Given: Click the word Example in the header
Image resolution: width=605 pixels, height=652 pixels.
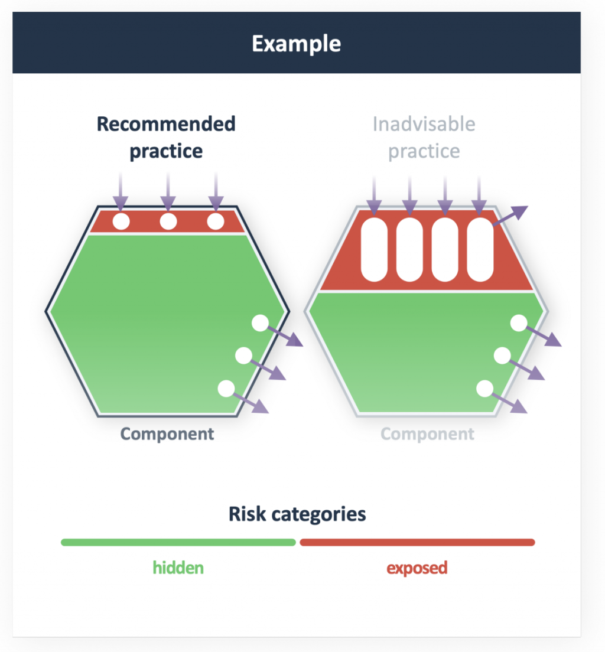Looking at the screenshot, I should click(296, 44).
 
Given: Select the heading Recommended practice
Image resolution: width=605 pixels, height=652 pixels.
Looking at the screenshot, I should click(166, 137).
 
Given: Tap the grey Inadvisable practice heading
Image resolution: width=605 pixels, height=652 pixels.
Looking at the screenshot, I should click(424, 137).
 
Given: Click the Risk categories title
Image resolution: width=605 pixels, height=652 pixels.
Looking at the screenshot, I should click(297, 514).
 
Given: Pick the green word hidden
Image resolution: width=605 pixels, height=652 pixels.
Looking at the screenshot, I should click(178, 568).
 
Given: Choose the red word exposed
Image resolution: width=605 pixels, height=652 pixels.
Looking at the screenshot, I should click(417, 568).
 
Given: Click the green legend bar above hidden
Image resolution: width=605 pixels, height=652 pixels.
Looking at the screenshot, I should click(178, 542).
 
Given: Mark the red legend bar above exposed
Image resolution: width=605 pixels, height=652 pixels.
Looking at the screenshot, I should click(417, 542).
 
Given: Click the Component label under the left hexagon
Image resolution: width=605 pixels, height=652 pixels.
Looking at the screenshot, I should click(167, 434).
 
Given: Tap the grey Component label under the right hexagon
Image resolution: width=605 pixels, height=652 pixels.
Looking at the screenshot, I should click(427, 434).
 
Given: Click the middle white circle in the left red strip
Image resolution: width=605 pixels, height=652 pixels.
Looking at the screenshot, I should click(168, 221).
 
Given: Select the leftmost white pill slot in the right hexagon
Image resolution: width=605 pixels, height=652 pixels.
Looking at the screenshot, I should click(373, 249).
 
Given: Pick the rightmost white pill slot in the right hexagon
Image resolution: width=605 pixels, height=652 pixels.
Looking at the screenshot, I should click(480, 249).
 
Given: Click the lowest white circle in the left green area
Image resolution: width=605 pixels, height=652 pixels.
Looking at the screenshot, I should click(226, 388).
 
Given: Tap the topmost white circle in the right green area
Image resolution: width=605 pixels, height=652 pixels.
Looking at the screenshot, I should click(518, 323).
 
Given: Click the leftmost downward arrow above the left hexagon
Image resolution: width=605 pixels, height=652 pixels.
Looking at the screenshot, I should click(121, 189).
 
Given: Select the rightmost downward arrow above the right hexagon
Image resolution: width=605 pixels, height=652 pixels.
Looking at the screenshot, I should click(479, 192).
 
